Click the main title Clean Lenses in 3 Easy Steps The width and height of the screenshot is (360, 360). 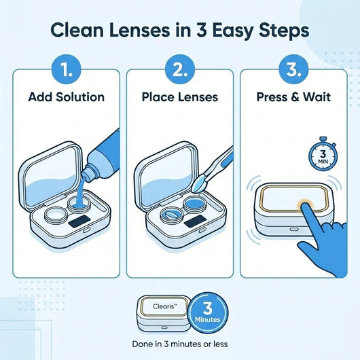pos(180,30)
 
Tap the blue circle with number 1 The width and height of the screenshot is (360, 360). pos(66,69)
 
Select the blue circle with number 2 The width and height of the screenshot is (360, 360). pos(180,69)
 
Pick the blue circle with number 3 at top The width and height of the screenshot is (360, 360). pos(294,69)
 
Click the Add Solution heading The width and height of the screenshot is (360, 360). pos(66,96)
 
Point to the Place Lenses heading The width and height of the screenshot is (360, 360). pos(180,96)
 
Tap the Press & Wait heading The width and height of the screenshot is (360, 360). pos(294,96)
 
